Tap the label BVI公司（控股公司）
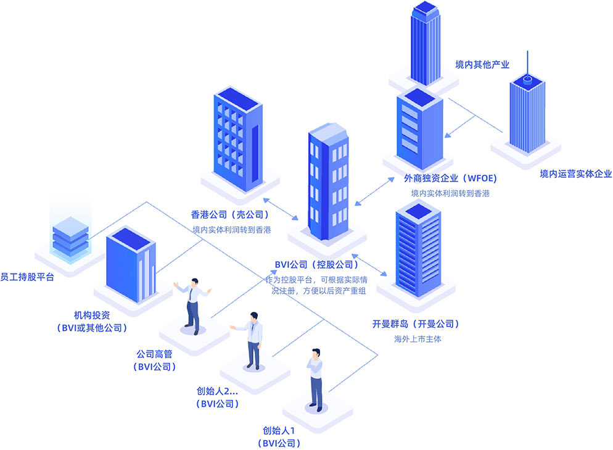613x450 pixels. tap(316, 265)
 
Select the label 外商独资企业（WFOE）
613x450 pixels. tap(450, 178)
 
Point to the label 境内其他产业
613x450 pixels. tap(482, 64)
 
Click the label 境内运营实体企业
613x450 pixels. tap(575, 174)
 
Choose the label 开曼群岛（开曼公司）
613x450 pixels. tap(416, 323)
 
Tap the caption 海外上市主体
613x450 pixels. tap(418, 339)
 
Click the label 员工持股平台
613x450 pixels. tap(27, 277)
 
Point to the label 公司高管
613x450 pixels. tap(154, 354)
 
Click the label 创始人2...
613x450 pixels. tap(216, 391)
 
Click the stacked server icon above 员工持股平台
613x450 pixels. tap(70, 235)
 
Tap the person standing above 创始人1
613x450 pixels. tap(315, 380)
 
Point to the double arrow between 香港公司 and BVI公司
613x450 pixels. tap(281, 210)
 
